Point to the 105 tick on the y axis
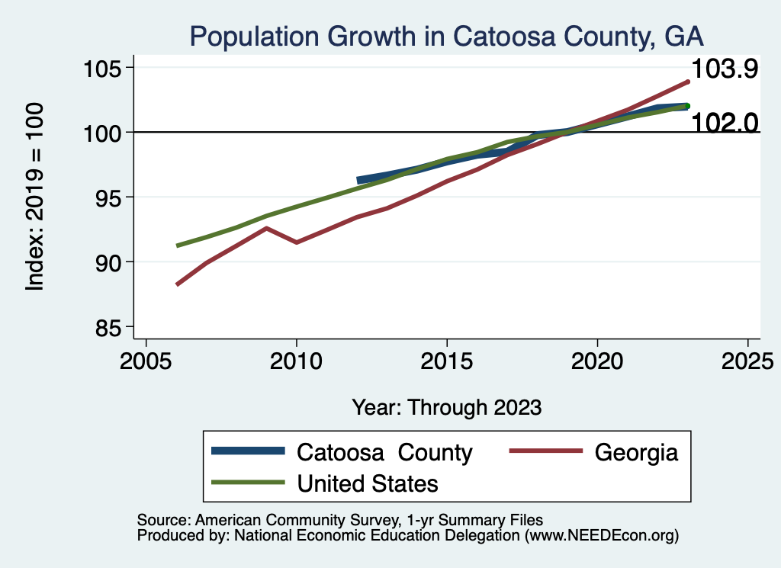point(105,68)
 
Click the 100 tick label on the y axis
point(105,133)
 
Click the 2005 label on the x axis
point(146,359)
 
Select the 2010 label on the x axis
point(296,359)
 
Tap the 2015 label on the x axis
point(446,359)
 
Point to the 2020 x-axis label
point(596,359)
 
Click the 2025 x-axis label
point(747,359)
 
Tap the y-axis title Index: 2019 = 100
point(35,197)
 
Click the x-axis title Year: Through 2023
point(446,407)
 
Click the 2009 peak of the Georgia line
point(266,228)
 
